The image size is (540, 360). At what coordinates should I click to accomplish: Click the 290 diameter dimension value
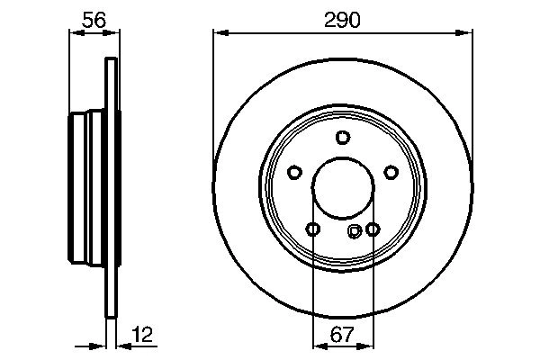(x=342, y=20)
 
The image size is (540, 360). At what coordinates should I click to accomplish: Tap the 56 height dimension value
(x=94, y=18)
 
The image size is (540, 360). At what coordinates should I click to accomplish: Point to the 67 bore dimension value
(x=342, y=336)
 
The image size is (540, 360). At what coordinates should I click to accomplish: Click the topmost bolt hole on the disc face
(x=342, y=137)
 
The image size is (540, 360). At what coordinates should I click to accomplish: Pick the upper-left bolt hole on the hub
(x=294, y=172)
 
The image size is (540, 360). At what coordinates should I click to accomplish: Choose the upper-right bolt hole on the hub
(x=391, y=172)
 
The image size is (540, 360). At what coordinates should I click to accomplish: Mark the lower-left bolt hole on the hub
(x=312, y=229)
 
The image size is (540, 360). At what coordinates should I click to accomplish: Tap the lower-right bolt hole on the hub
(x=372, y=229)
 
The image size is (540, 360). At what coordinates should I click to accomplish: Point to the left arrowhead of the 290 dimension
(x=219, y=34)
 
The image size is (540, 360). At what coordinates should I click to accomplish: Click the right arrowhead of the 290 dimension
(x=466, y=34)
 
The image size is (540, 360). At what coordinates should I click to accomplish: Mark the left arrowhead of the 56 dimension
(x=75, y=34)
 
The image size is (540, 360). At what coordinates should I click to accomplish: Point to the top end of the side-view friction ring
(x=111, y=61)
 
